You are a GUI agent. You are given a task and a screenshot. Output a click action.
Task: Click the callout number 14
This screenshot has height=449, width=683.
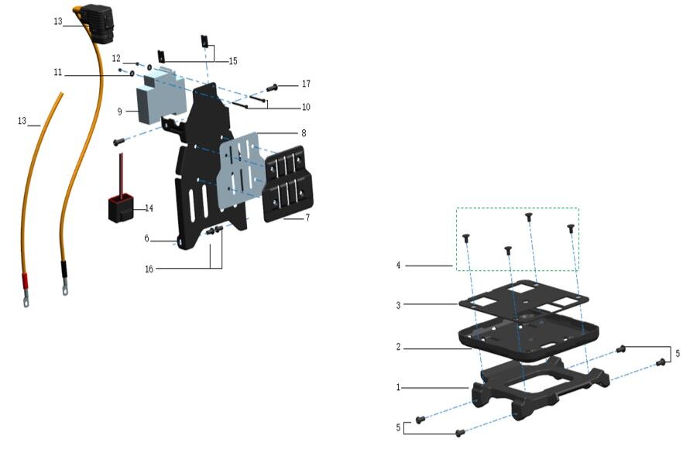click(149, 208)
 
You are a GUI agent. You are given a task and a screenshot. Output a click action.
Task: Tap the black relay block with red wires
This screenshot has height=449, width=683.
click(120, 208)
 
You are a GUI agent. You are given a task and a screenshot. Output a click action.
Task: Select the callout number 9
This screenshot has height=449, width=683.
click(120, 111)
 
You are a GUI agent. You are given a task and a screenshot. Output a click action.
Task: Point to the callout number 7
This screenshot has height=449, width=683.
click(307, 218)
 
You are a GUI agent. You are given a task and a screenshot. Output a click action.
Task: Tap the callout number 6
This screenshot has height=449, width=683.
click(146, 238)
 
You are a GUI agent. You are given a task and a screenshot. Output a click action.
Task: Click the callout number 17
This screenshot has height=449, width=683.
click(306, 84)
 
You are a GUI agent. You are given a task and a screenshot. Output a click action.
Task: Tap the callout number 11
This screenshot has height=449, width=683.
click(58, 73)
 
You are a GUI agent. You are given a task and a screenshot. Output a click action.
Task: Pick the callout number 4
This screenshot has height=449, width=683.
click(399, 266)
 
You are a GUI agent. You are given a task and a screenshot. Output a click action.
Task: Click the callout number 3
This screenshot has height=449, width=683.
click(399, 305)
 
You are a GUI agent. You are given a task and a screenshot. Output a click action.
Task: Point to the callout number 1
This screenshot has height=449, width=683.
click(399, 386)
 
